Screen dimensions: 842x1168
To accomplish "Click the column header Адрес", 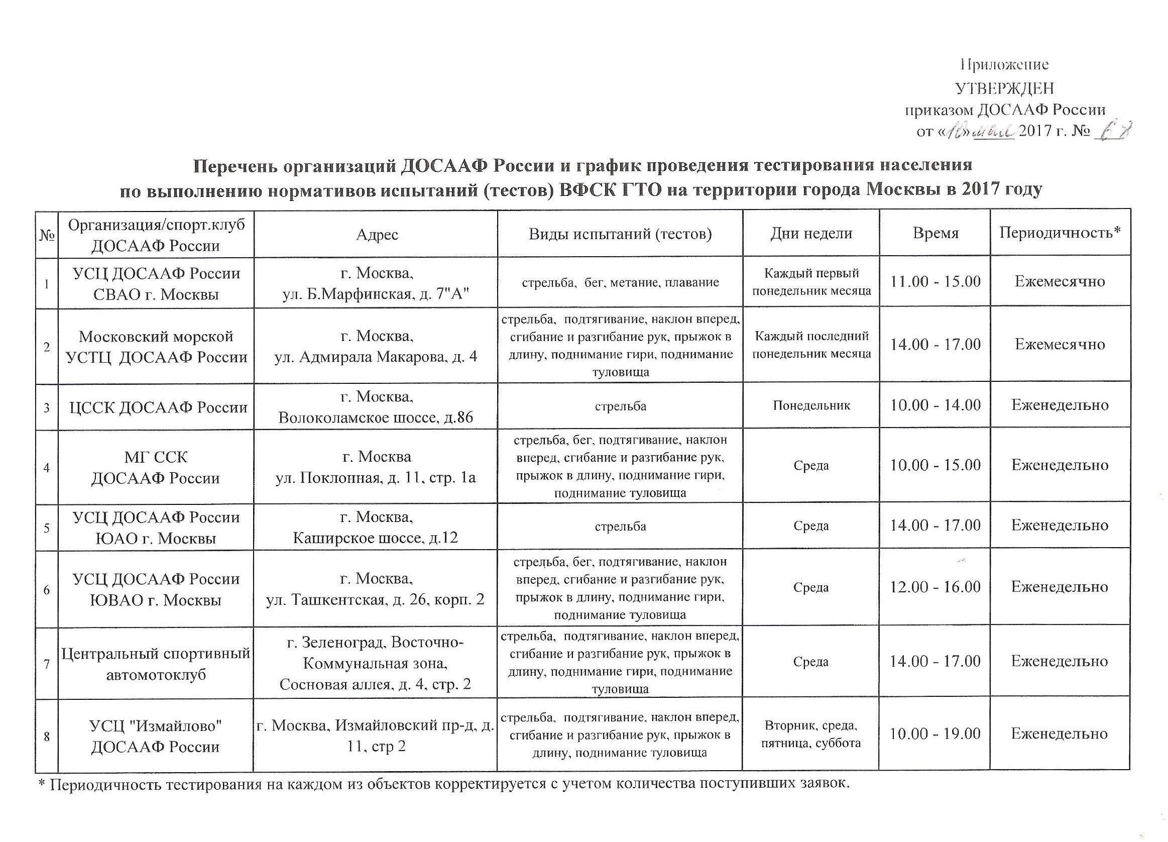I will [377, 235].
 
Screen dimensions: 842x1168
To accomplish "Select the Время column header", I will [936, 234].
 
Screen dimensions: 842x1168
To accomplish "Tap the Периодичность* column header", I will [1060, 233].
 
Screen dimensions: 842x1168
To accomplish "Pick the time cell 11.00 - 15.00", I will [936, 282].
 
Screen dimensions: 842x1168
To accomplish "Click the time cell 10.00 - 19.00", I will [935, 734].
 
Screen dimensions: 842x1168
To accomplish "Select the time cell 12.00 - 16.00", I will [935, 587].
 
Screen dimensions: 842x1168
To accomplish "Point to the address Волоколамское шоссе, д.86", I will [376, 417].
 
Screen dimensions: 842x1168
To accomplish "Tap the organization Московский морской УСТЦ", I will [156, 347].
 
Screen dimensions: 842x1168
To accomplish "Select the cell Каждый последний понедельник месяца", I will [811, 345].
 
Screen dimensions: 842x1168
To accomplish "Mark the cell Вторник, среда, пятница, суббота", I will [811, 734].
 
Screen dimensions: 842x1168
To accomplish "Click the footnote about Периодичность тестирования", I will [443, 785].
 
